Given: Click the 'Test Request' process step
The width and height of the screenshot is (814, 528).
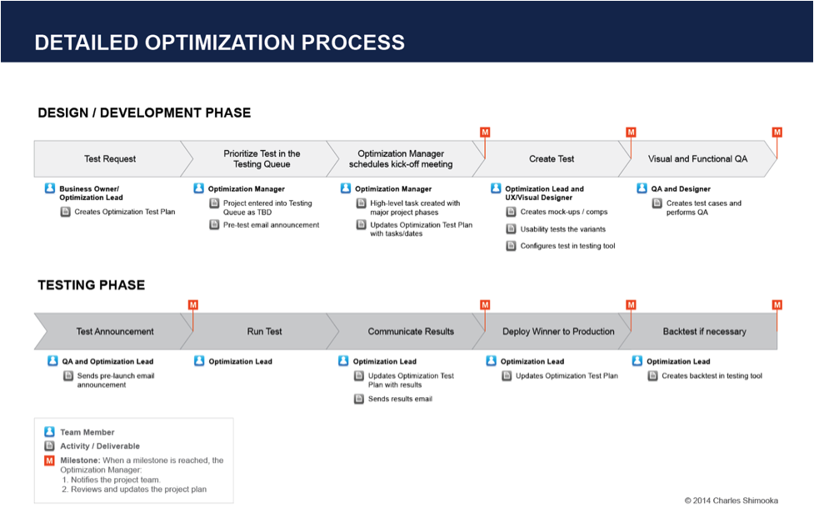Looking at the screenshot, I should point(109,158).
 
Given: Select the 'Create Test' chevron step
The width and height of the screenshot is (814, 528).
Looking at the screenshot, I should point(551,158).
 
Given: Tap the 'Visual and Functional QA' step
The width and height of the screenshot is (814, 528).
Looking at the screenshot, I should point(697,158).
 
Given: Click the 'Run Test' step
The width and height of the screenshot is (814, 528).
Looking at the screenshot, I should point(264,331).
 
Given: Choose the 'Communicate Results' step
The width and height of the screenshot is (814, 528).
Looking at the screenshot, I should point(411,331).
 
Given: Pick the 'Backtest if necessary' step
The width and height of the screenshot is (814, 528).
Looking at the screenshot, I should point(704,331).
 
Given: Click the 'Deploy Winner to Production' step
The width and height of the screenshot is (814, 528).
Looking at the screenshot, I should point(558,331).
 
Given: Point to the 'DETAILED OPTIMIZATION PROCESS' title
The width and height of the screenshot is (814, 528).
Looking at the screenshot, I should point(219,43).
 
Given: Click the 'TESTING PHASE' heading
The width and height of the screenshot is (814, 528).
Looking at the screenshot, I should point(91,285).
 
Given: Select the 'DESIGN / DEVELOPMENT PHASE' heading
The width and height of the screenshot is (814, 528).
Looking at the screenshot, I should point(144,113).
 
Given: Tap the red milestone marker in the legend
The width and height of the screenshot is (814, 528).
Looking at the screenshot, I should point(50,460).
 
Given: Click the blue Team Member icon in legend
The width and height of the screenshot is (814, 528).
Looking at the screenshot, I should point(50,432).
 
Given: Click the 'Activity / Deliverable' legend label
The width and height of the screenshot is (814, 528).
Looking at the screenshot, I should point(100,446).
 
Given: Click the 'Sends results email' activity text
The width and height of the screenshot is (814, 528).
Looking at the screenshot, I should point(400,400).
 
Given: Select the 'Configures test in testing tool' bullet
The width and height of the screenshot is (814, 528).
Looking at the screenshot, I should point(567,246).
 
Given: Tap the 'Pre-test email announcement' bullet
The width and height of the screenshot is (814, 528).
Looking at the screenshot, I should point(271,225).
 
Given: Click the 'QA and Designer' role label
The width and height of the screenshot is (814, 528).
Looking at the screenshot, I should point(681,189).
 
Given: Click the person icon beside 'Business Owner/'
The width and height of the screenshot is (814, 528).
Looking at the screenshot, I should point(50,189).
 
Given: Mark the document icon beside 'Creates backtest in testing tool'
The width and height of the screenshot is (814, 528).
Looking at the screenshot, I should point(653,376).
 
